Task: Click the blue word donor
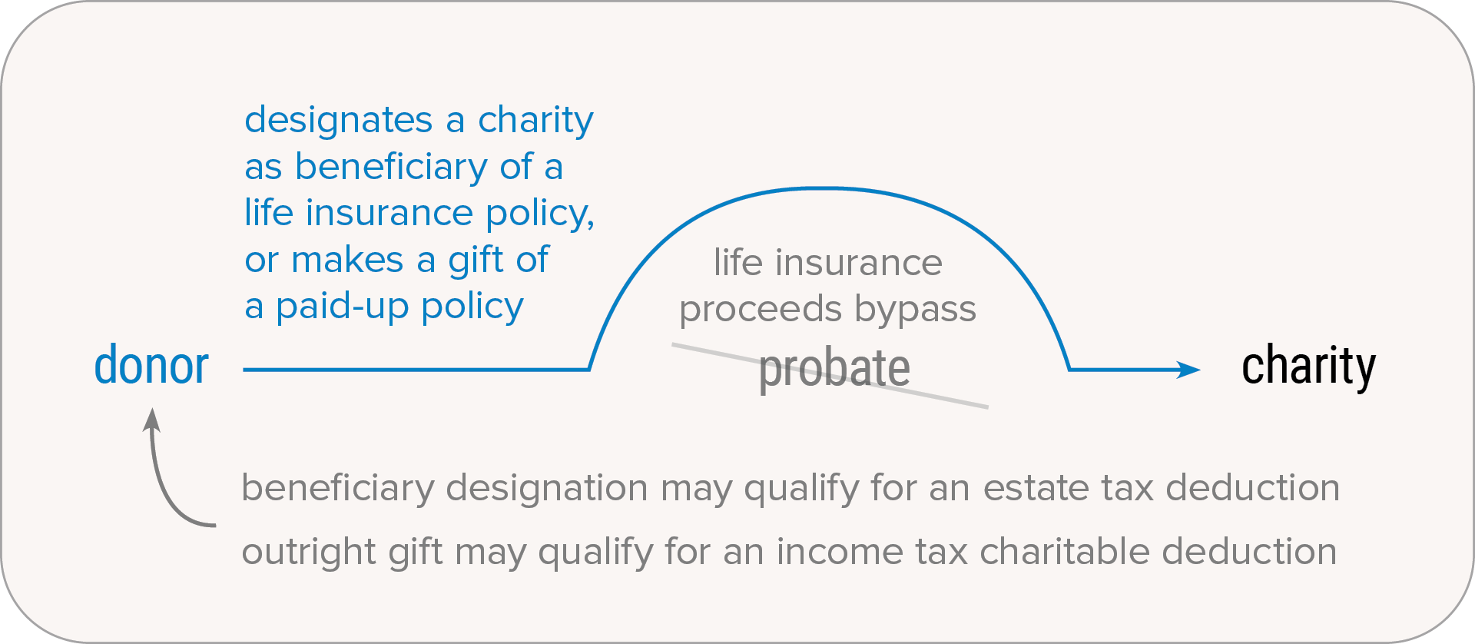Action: click(x=151, y=365)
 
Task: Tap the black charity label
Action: click(x=1308, y=367)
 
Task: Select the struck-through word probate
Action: click(x=834, y=370)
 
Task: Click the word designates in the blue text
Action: click(x=339, y=120)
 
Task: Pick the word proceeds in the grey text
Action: click(x=761, y=310)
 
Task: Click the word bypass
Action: click(x=916, y=309)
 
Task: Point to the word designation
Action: click(x=547, y=489)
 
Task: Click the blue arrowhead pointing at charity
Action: click(x=1188, y=370)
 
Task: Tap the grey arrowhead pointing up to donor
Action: click(x=152, y=420)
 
